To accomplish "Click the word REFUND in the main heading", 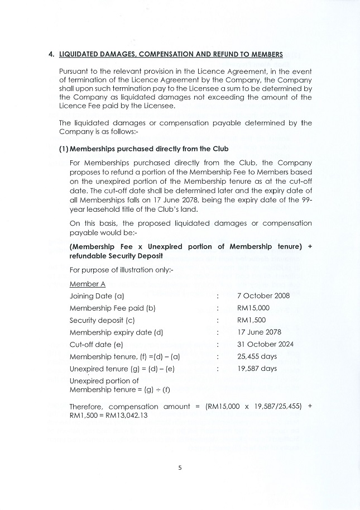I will coord(228,54).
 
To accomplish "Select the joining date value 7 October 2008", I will coord(263,295).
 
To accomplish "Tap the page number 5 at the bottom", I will coord(180,468).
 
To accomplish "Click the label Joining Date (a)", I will coord(97,295).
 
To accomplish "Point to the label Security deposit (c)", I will coord(102,320).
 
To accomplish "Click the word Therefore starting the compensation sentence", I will coord(86,406).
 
